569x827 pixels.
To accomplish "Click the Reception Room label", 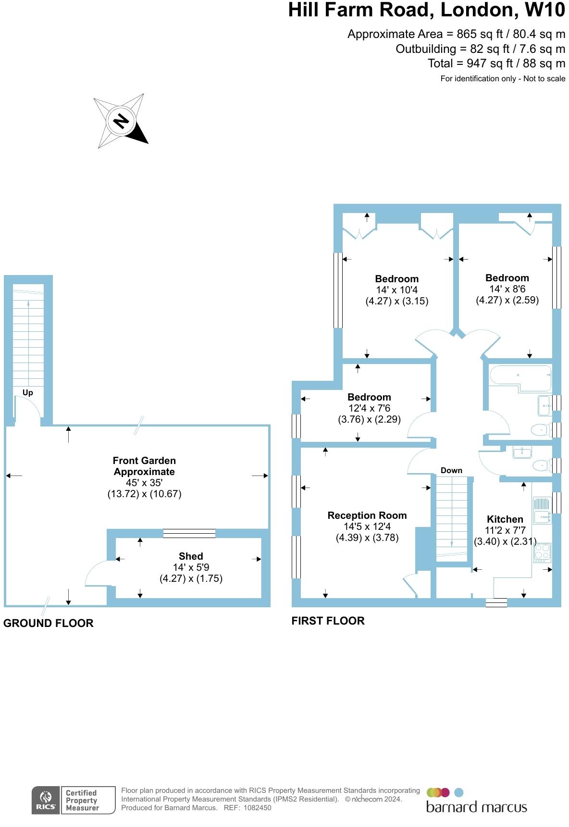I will point(367,515).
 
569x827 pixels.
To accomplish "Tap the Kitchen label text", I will point(505,519).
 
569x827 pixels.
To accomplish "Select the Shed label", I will point(191,556).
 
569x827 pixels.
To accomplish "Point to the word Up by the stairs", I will point(28,393).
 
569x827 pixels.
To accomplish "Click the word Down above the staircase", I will point(451,471).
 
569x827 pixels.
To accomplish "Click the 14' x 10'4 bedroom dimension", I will point(397,290).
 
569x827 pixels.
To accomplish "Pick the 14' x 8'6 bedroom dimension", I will point(507,289).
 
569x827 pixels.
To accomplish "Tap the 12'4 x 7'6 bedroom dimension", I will point(369,408).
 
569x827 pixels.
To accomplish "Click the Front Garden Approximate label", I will point(144,466).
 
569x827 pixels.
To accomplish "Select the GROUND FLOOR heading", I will point(49,623).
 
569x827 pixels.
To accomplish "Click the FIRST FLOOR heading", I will point(328,621).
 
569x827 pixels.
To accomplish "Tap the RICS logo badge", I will point(46,800).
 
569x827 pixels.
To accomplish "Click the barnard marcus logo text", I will point(476,807).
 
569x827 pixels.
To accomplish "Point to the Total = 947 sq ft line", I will point(496,63).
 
